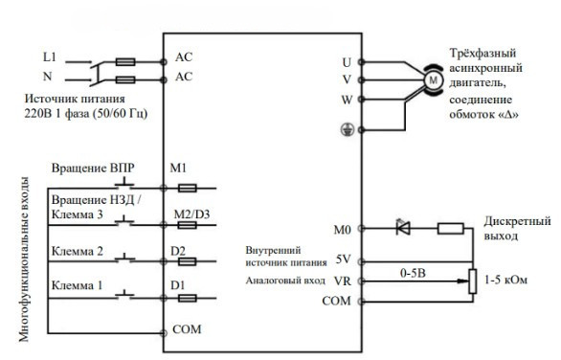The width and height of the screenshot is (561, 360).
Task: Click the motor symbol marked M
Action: point(433,80)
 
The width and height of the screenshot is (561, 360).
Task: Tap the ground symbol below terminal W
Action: point(347,129)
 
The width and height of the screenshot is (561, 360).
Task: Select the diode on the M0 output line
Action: point(403,228)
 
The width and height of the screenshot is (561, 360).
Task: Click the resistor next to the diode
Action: point(451,228)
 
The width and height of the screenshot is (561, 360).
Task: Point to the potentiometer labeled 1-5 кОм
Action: point(472,281)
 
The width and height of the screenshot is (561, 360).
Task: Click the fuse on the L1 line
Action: point(125,62)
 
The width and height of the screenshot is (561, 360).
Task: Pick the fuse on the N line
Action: point(125,79)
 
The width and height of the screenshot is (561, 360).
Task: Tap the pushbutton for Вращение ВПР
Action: point(124,184)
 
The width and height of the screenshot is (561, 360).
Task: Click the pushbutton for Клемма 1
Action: point(124,294)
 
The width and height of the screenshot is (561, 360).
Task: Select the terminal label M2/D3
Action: point(191,214)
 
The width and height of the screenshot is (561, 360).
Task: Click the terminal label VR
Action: point(343,281)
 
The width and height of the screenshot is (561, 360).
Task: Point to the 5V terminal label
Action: point(343,259)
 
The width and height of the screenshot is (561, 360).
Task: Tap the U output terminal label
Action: point(347,62)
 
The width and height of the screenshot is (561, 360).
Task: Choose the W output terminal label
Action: point(347,100)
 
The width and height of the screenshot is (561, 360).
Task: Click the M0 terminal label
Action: point(342,230)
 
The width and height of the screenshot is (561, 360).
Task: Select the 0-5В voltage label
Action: point(413,274)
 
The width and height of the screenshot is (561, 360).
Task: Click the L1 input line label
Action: point(50,56)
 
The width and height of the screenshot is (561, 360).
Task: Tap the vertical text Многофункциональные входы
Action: point(24,259)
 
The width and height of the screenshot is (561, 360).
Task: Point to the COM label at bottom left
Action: point(187,329)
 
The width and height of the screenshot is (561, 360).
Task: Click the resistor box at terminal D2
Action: point(187,261)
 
